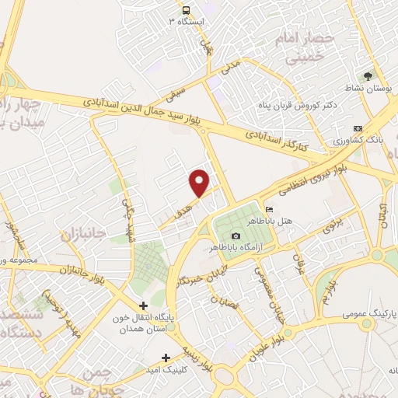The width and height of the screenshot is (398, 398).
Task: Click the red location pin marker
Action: pyautogui.click(x=200, y=183)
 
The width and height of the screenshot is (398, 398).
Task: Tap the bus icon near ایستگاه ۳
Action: pyautogui.click(x=186, y=10)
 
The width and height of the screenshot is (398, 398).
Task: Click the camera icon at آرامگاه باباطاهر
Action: pyautogui.click(x=236, y=235)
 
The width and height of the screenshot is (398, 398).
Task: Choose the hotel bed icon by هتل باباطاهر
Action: pyautogui.click(x=270, y=210)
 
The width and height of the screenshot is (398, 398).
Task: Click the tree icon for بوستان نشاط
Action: pyautogui.click(x=368, y=76)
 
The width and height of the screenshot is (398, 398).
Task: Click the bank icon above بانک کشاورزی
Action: pyautogui.click(x=357, y=128)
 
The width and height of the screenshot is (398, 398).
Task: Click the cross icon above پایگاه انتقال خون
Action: pyautogui.click(x=142, y=305)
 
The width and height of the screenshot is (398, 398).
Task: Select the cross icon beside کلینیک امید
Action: pyautogui.click(x=165, y=358)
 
